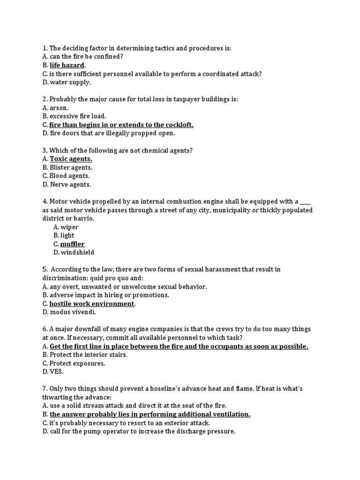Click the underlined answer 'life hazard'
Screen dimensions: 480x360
click(67, 65)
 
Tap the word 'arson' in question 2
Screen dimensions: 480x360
click(59, 108)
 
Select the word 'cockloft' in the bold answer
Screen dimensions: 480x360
click(178, 125)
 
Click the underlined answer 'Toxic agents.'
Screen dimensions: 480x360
click(71, 159)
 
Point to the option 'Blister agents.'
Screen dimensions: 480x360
click(71, 167)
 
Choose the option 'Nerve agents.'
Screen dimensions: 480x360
click(70, 184)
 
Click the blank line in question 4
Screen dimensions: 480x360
click(305, 202)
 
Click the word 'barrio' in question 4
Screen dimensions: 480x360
click(86, 218)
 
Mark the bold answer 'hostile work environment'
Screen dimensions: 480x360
click(92, 303)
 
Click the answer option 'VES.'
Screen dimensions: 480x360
click(56, 372)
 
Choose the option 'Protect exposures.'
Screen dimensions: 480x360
click(77, 363)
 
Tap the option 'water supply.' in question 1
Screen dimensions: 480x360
click(70, 82)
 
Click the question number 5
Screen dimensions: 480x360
click(45, 270)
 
